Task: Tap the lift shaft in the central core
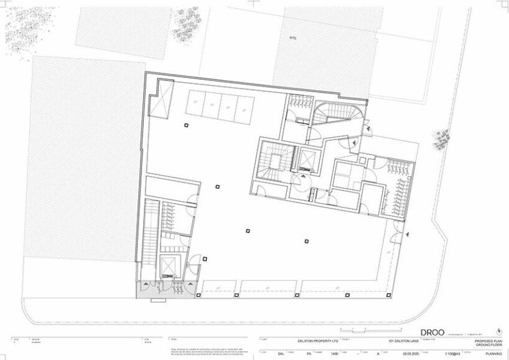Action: [307, 161]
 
